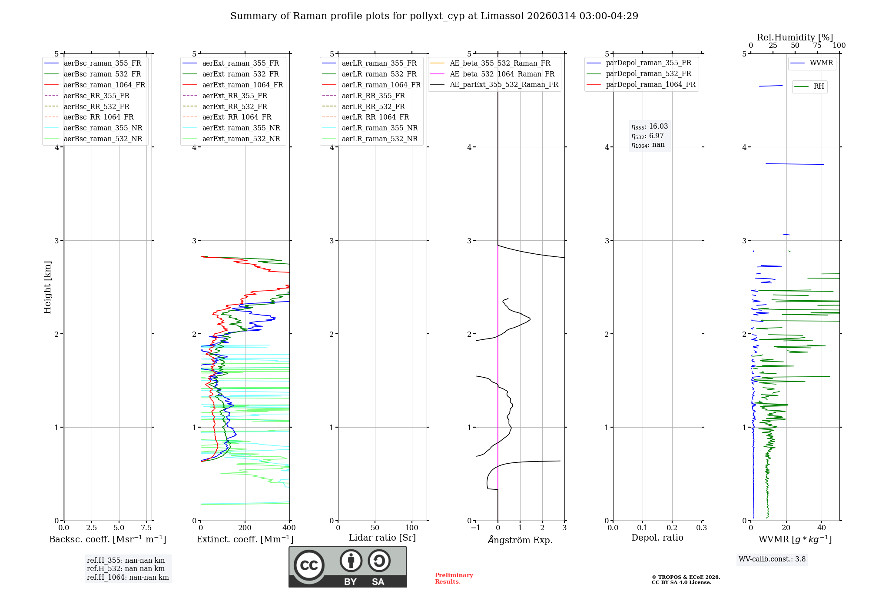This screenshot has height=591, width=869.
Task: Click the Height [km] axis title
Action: (x=47, y=287)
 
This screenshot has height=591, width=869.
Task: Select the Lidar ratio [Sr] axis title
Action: (x=382, y=538)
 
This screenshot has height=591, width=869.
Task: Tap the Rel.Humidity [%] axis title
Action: (x=795, y=37)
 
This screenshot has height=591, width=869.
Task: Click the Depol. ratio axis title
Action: (x=657, y=538)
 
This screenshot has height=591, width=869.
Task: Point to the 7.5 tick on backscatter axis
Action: (x=146, y=528)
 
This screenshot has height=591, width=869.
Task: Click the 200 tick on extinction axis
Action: (x=245, y=528)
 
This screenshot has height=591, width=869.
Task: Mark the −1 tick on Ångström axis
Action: (x=476, y=528)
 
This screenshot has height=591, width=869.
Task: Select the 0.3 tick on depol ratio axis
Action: (x=702, y=528)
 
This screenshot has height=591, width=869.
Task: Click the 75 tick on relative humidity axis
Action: (x=817, y=46)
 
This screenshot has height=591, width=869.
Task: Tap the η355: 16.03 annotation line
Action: (x=650, y=126)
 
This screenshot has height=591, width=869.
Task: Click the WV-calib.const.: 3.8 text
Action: (x=772, y=559)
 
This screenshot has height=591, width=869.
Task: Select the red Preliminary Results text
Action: (x=454, y=578)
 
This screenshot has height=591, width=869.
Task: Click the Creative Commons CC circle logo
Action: (x=309, y=565)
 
